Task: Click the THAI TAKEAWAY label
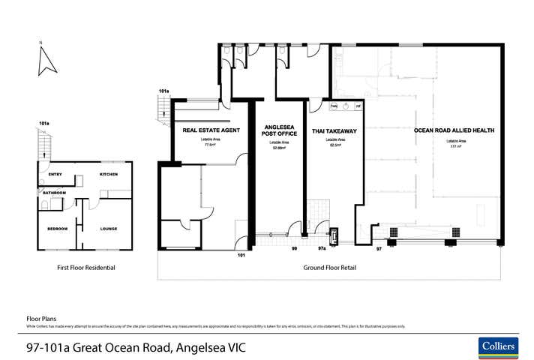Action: click(x=334, y=130)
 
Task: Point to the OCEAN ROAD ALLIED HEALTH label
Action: click(x=454, y=130)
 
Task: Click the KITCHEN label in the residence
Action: click(x=110, y=175)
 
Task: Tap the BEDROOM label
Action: click(x=58, y=229)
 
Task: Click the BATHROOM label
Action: click(x=54, y=193)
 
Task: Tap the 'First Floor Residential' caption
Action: click(x=86, y=267)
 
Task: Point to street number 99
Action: click(x=295, y=247)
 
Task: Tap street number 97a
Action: click(x=321, y=247)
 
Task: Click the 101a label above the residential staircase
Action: click(x=44, y=123)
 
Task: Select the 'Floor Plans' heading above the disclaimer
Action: click(x=41, y=319)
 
